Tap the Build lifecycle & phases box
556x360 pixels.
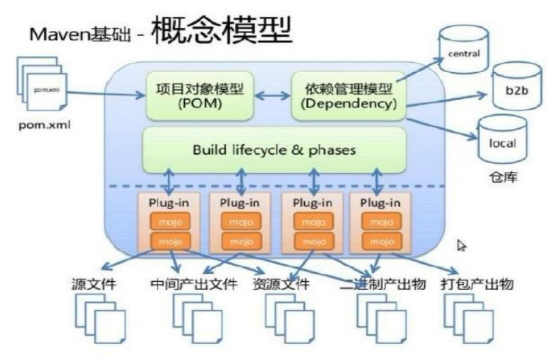(x=274, y=149)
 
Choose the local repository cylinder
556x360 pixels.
(x=502, y=143)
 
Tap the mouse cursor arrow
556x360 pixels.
(x=463, y=245)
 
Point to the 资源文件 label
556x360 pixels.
(x=281, y=283)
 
